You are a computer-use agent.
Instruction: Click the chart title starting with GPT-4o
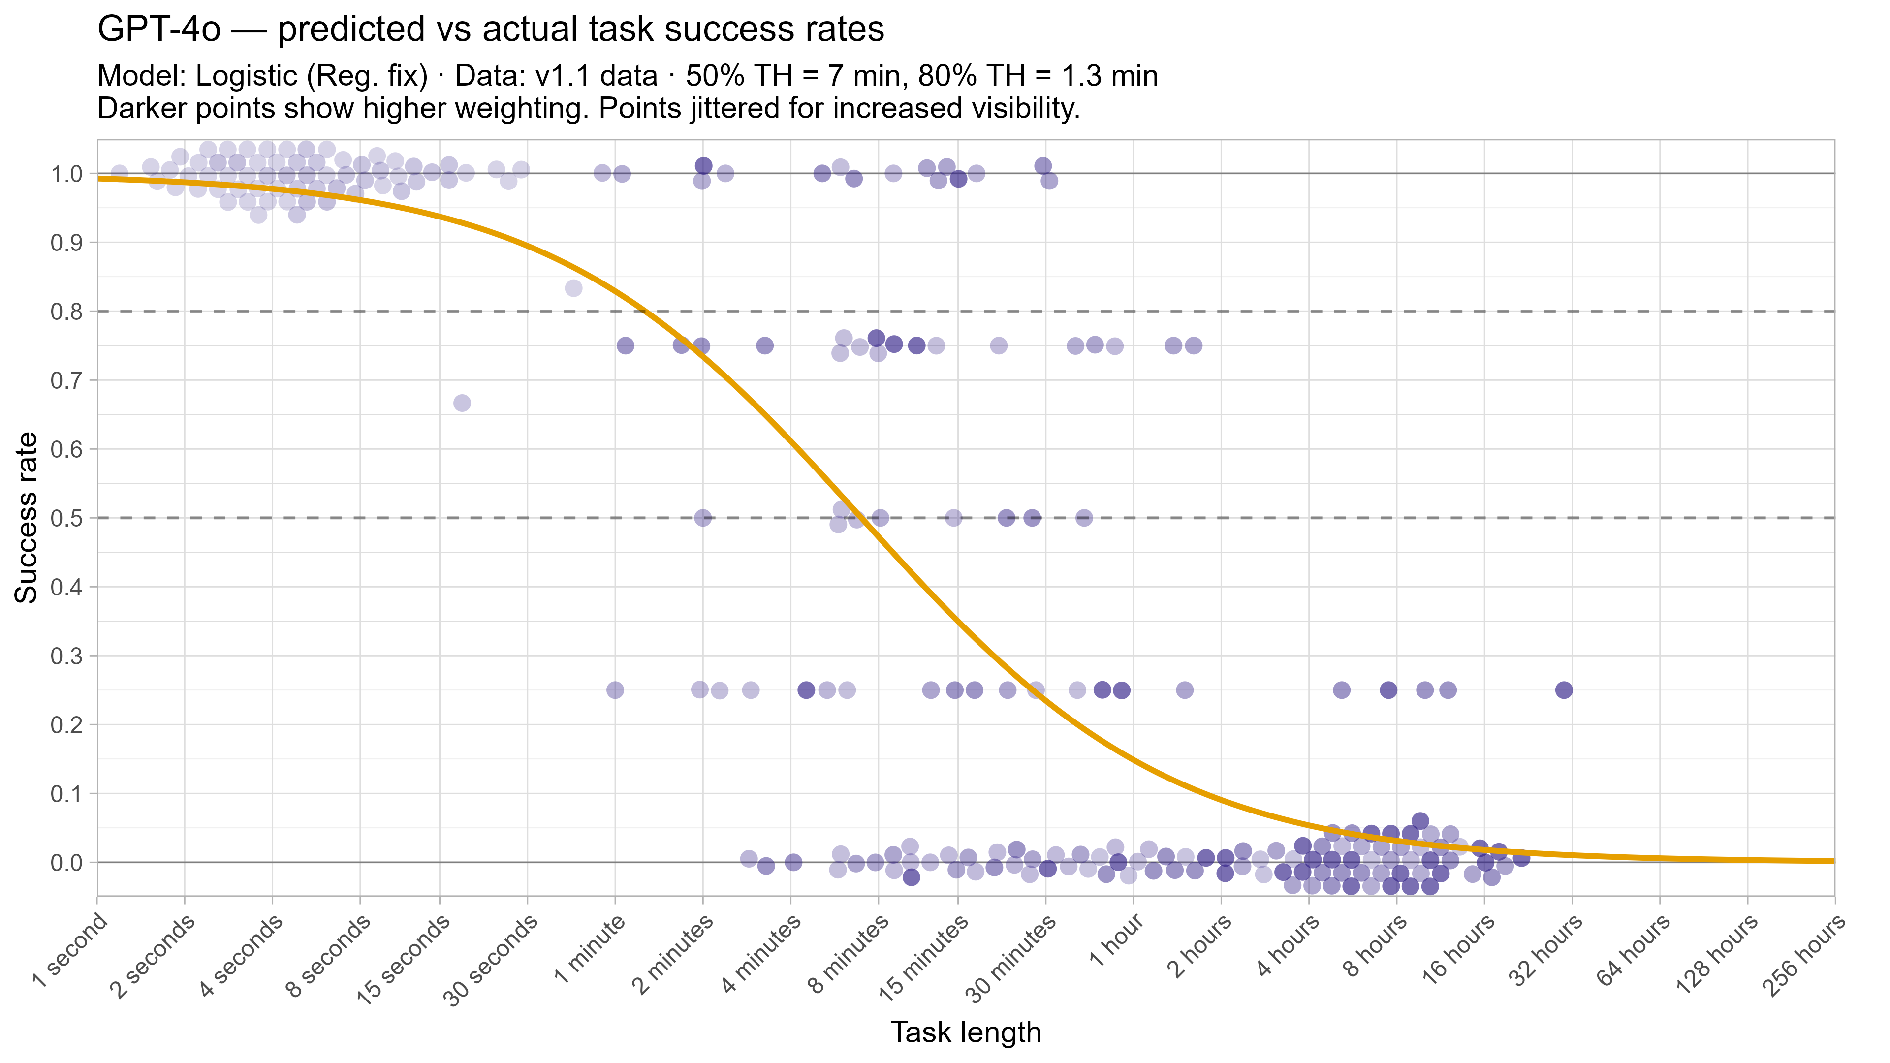490,30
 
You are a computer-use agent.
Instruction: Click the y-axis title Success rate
27,518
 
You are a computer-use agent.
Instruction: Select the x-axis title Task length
966,1032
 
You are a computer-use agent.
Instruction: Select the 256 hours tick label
1805,957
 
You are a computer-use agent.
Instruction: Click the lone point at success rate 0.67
462,403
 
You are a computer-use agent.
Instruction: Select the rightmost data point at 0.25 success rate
1564,689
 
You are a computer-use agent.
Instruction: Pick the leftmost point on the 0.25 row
615,689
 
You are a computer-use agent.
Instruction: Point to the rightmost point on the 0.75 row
1194,345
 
